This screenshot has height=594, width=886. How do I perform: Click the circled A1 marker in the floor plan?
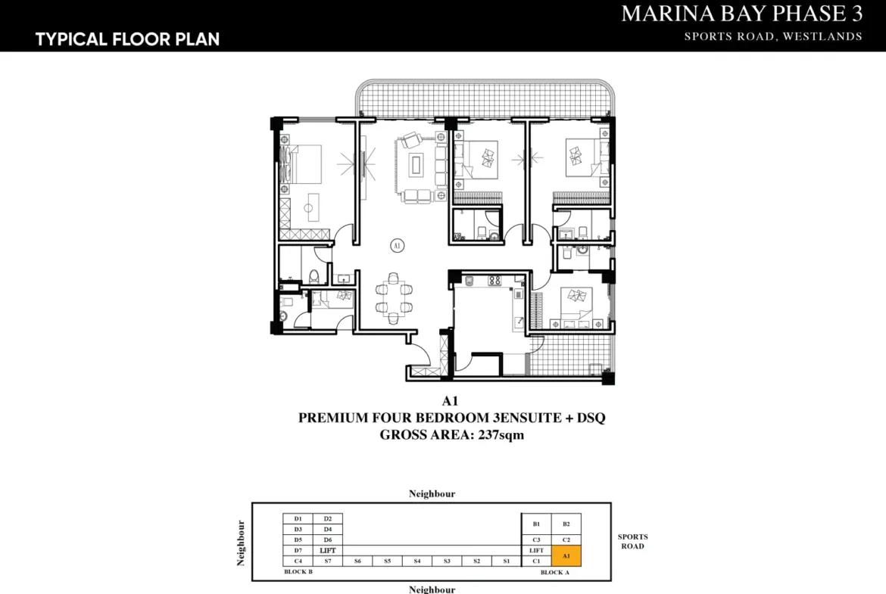(397, 246)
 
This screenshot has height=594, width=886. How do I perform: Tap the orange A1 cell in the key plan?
(566, 556)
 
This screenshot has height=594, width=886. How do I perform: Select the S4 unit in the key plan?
(417, 561)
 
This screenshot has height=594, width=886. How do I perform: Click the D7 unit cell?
(298, 551)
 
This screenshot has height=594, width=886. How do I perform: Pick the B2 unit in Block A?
(566, 524)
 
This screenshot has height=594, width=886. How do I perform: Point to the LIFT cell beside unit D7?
(328, 551)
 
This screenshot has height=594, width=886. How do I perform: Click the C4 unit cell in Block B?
(298, 561)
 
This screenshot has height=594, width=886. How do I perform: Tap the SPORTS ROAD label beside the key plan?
(633, 542)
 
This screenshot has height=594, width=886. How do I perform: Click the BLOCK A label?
(555, 573)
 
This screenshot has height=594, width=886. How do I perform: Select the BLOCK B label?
(298, 572)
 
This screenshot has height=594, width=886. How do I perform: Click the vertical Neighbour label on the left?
(241, 543)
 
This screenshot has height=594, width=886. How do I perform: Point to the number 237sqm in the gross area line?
(501, 435)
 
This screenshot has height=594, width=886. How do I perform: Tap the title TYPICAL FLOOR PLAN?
(128, 39)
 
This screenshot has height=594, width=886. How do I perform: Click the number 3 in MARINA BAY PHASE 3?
(856, 14)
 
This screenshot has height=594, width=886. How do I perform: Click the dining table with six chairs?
(394, 298)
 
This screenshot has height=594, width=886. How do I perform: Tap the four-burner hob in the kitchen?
(494, 279)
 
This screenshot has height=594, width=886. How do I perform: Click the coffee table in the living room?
(417, 164)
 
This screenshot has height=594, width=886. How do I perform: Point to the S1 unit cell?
(507, 561)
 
